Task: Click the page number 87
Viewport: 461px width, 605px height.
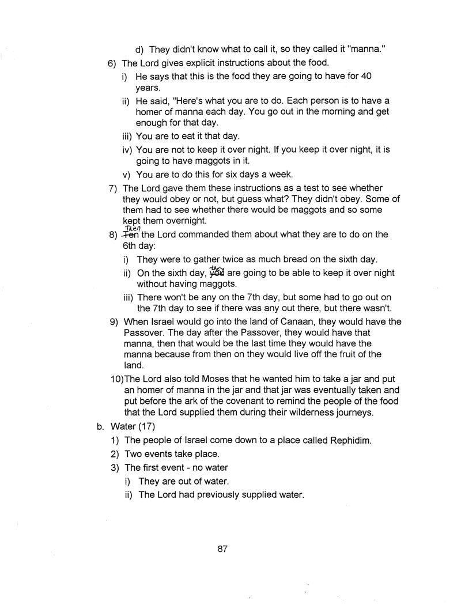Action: click(x=224, y=549)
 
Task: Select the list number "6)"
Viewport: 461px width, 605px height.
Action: click(x=114, y=63)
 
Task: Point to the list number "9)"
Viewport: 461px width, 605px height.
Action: click(x=114, y=322)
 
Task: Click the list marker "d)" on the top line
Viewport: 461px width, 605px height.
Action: click(x=139, y=49)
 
